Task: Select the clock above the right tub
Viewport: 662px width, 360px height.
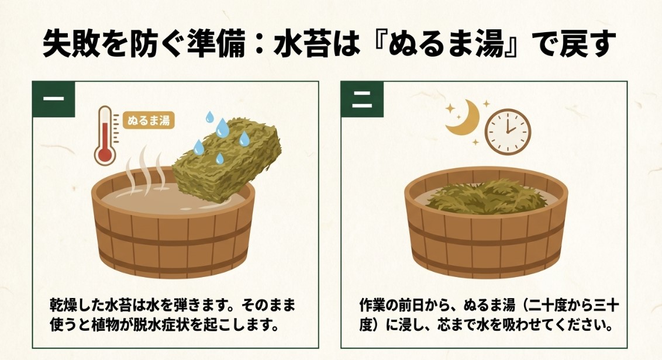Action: tap(508, 130)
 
